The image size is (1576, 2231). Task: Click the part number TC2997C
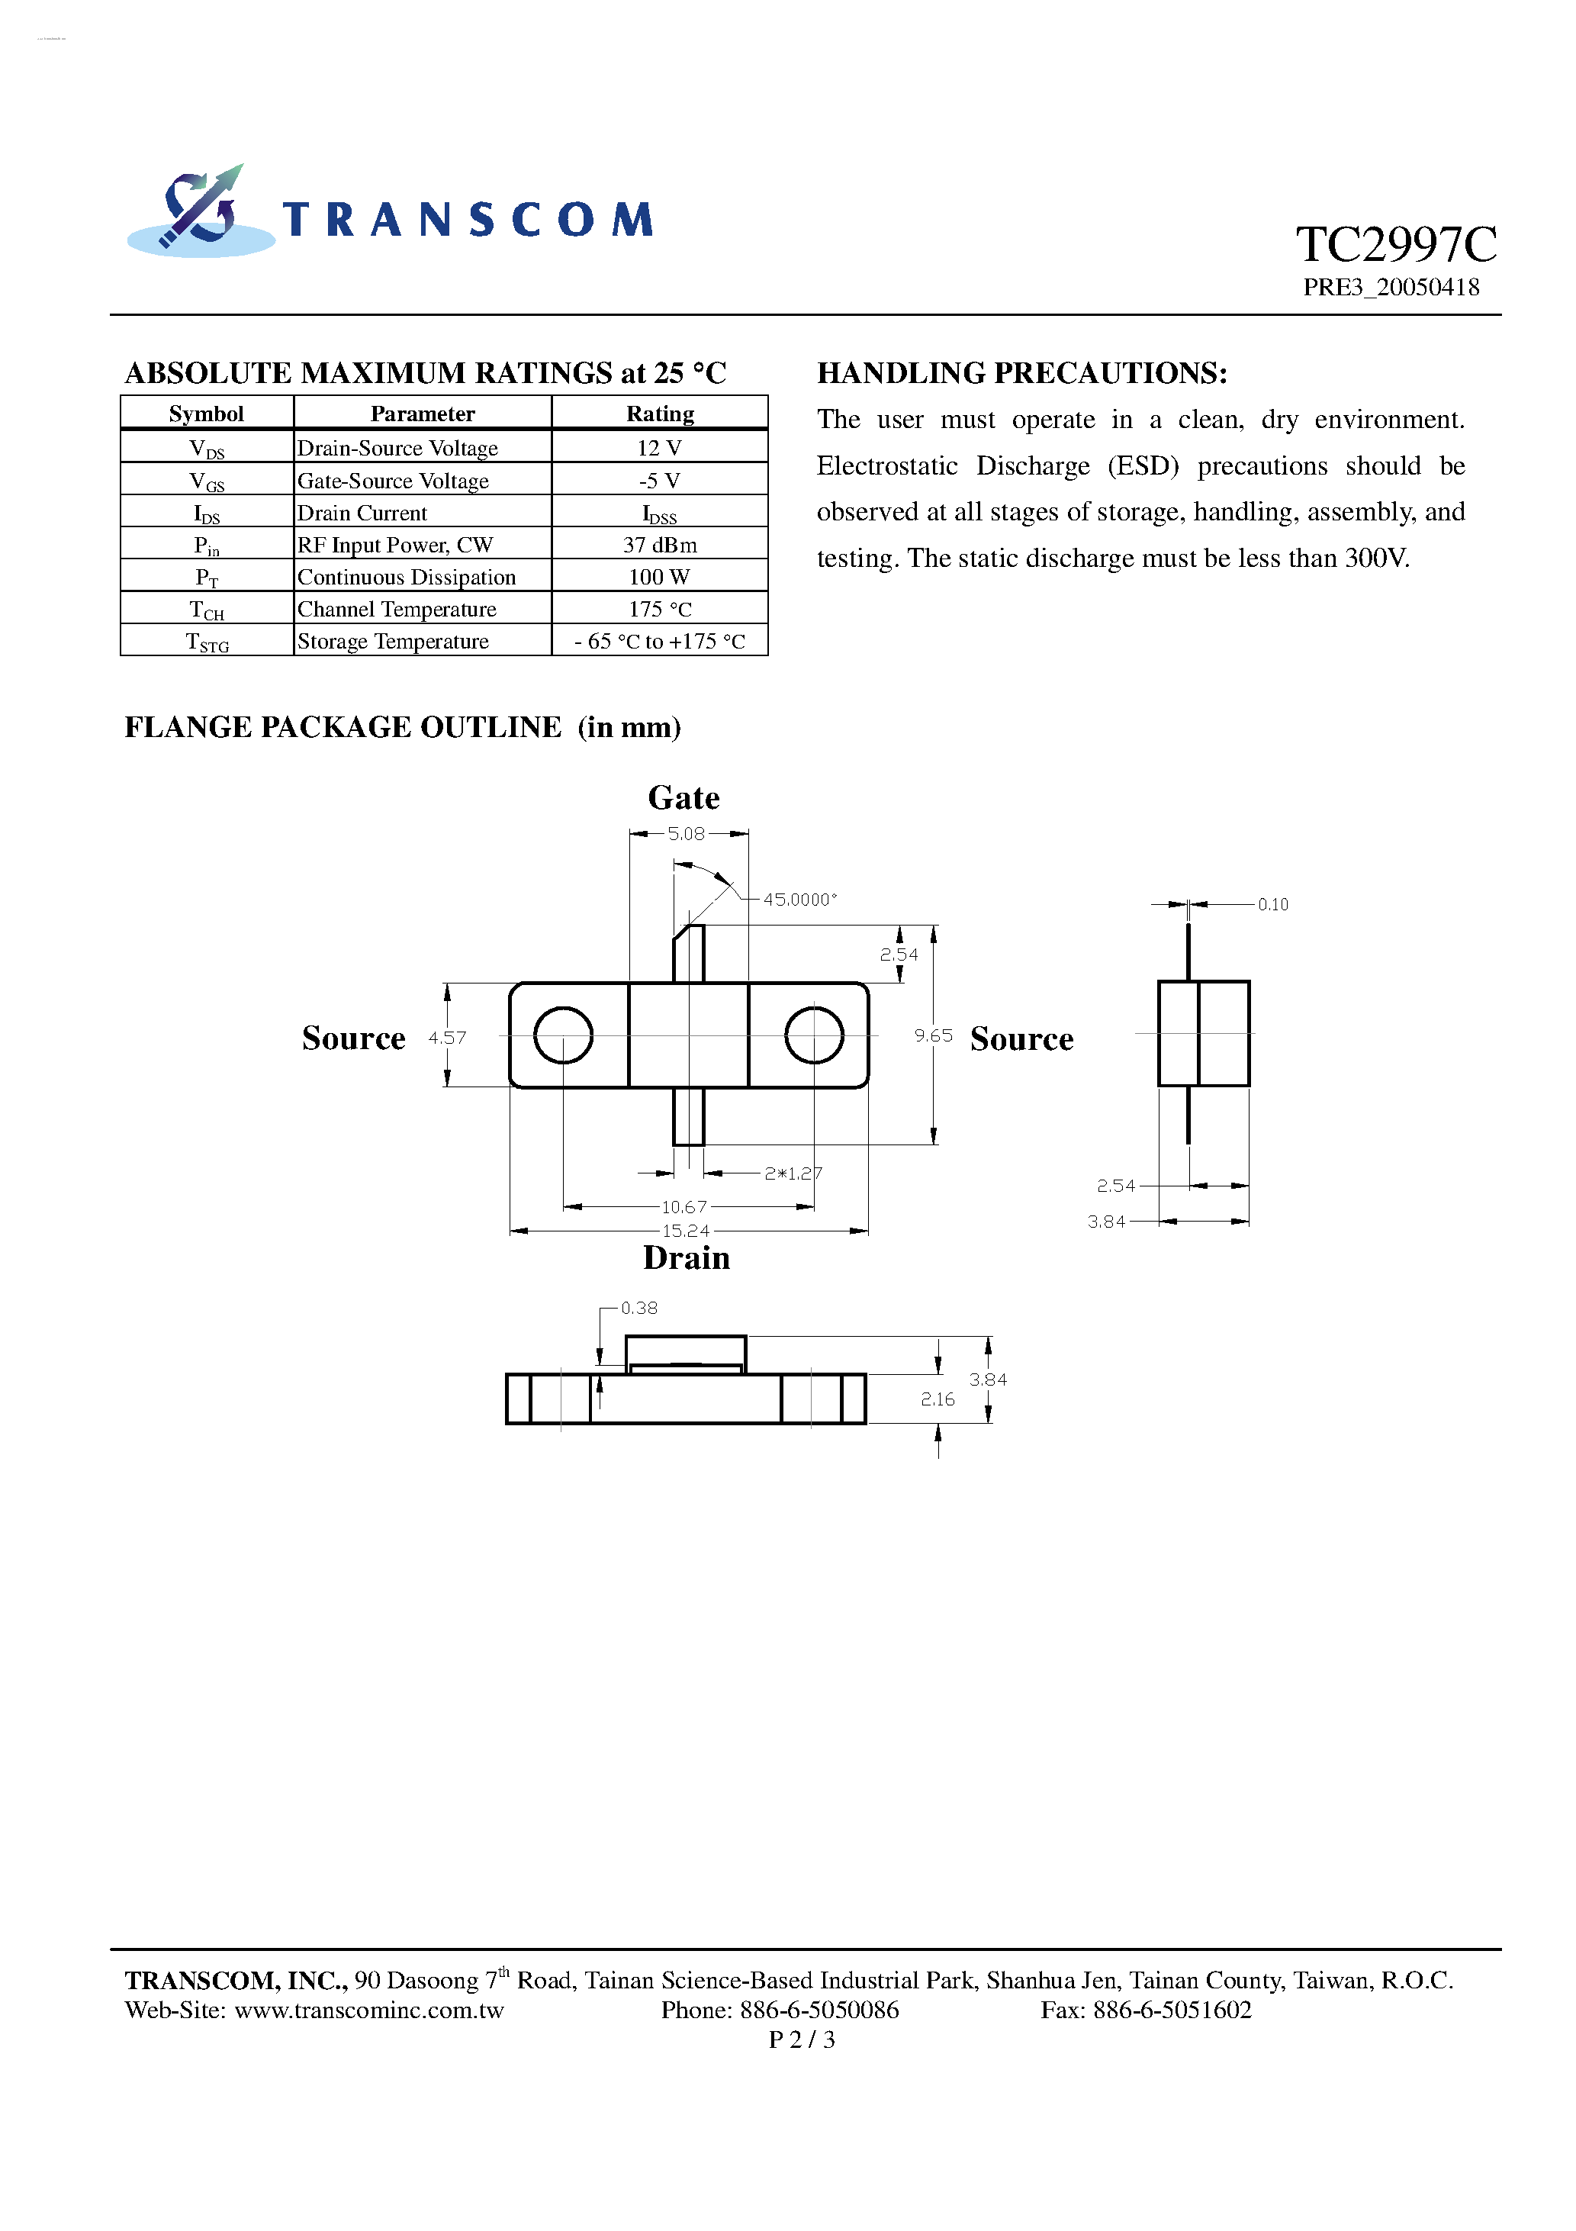click(x=1395, y=245)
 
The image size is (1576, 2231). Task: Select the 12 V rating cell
click(x=659, y=448)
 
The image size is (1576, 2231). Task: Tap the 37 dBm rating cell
click(x=659, y=545)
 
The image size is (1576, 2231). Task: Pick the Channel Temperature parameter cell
click(x=397, y=609)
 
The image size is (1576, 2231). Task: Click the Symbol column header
click(x=206, y=414)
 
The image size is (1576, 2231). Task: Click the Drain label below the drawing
click(x=685, y=1258)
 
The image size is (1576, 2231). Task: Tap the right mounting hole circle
click(x=813, y=1035)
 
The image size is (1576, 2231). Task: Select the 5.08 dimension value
click(x=686, y=834)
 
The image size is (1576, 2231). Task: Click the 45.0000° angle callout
click(x=799, y=900)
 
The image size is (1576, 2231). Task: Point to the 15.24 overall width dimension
click(x=685, y=1231)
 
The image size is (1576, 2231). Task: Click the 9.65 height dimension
click(x=933, y=1036)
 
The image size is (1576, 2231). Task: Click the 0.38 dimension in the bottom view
click(x=638, y=1309)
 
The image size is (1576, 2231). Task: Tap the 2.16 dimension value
click(x=938, y=1399)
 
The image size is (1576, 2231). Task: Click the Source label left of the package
click(x=352, y=1038)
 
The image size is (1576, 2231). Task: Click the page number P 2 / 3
click(x=801, y=2039)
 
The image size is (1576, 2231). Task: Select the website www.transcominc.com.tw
click(x=369, y=2010)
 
